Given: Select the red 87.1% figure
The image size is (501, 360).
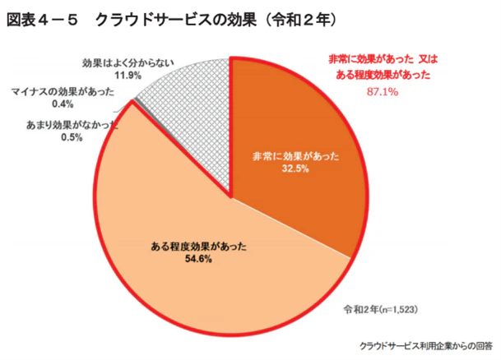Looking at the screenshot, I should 380,90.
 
